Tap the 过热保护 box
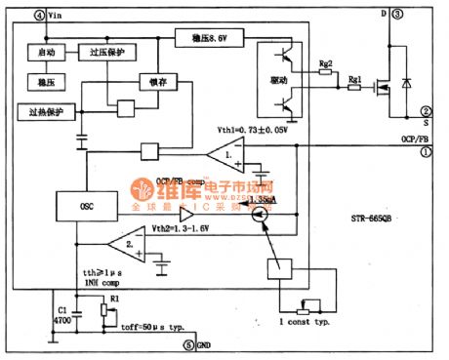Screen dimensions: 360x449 pos(40,112)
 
